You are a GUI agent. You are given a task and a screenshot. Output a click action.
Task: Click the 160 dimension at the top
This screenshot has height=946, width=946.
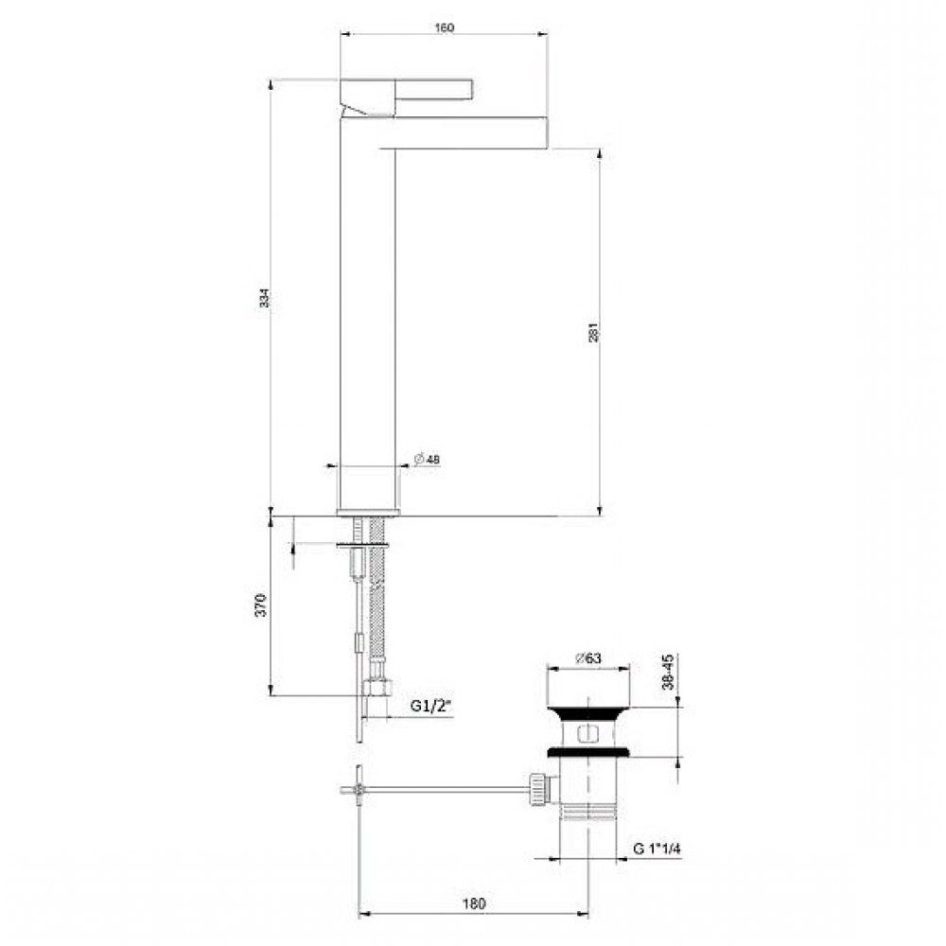click(446, 27)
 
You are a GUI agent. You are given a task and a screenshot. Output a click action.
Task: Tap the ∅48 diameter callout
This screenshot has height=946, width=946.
click(428, 459)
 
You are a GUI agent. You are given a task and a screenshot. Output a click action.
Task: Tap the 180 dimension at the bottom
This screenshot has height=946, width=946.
click(475, 903)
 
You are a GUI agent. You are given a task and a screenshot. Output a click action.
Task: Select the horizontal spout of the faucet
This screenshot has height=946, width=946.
click(464, 131)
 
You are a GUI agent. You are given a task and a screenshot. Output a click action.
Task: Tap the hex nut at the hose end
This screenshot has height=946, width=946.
click(382, 689)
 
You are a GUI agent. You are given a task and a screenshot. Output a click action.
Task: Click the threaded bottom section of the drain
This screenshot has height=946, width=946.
click(587, 814)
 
